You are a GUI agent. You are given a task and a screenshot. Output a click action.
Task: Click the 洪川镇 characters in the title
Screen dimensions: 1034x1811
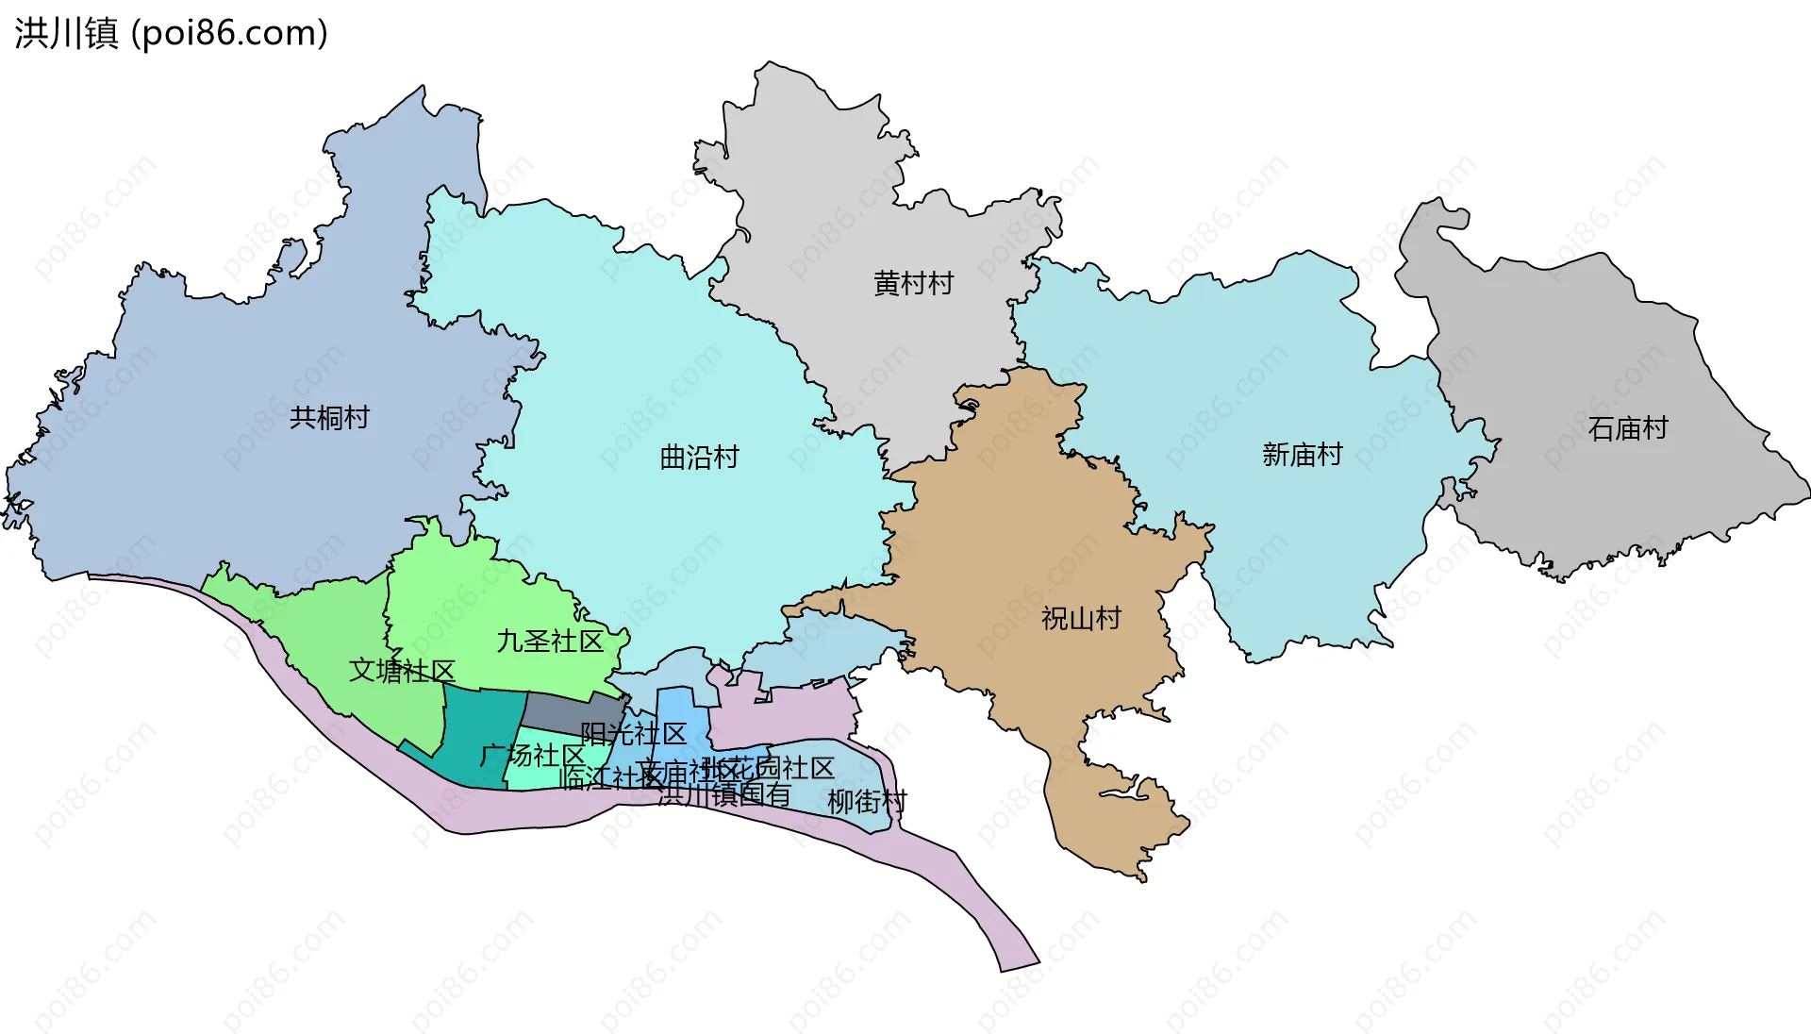point(66,33)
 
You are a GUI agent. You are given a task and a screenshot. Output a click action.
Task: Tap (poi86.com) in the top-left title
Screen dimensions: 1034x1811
point(229,33)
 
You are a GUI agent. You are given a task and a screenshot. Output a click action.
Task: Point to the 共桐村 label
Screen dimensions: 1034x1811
point(329,417)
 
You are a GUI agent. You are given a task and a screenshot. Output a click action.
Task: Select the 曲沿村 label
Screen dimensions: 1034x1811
point(699,458)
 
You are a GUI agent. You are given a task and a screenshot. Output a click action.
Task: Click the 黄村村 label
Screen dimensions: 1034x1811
point(913,283)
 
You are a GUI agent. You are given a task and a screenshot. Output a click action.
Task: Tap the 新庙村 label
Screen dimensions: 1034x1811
point(1302,455)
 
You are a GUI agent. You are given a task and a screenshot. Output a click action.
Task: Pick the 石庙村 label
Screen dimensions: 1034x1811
point(1627,428)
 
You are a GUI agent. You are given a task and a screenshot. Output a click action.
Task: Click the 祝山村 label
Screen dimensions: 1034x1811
point(1081,619)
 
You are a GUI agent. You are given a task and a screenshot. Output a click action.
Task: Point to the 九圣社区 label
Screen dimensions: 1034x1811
point(550,642)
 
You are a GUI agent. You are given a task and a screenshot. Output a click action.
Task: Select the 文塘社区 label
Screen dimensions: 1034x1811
point(402,671)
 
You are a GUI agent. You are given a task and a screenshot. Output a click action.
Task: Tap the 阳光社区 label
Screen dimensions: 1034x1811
point(634,734)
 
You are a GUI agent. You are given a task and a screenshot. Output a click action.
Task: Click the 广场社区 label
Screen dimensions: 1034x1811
point(532,756)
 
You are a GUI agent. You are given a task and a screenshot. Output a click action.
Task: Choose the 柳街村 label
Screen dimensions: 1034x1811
point(867,802)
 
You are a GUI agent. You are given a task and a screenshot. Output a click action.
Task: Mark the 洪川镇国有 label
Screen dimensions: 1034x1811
point(724,795)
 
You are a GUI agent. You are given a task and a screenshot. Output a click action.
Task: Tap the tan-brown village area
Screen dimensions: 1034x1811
point(1019,528)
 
